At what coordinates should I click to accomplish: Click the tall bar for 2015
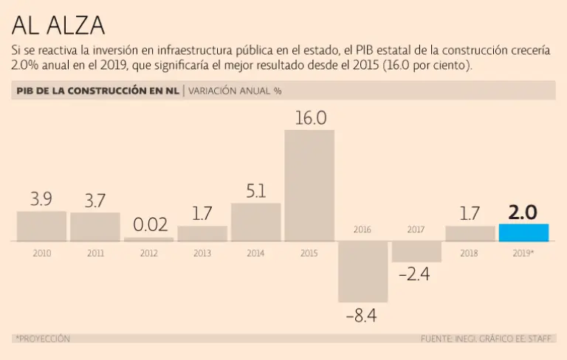(x=309, y=185)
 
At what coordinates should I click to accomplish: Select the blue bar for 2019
(x=523, y=232)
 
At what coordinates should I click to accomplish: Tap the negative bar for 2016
(x=362, y=271)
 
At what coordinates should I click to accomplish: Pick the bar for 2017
(x=416, y=252)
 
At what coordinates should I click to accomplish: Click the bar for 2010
(x=41, y=226)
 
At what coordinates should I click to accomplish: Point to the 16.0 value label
(x=310, y=118)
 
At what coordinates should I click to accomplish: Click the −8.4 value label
(x=361, y=316)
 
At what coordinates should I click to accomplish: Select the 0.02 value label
(x=150, y=224)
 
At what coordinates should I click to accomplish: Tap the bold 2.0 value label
(x=523, y=212)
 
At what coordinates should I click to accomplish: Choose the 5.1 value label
(x=256, y=191)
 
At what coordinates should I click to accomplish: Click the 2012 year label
(x=149, y=253)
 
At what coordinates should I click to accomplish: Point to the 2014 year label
(x=256, y=253)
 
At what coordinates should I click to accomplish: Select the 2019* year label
(x=523, y=253)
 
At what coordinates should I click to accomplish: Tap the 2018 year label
(x=470, y=253)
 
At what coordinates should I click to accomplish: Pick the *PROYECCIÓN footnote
(x=42, y=339)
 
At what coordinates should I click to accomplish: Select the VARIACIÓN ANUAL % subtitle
(x=235, y=91)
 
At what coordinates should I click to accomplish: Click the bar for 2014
(x=256, y=222)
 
